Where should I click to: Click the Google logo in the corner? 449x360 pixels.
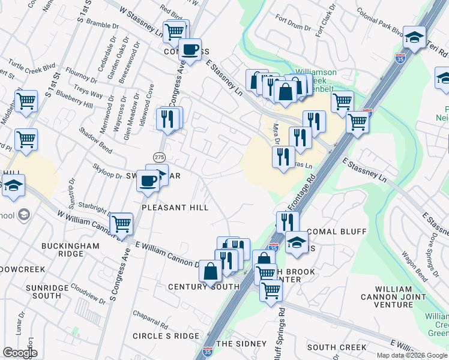[20, 353]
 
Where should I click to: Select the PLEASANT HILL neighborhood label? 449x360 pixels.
[175, 208]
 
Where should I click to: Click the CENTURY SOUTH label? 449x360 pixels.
[204, 287]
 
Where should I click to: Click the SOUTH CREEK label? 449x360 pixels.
[337, 347]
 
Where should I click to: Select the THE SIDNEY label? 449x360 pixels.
[241, 344]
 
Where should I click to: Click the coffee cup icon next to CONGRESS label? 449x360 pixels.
[190, 49]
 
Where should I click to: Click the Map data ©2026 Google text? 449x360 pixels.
[408, 355]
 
